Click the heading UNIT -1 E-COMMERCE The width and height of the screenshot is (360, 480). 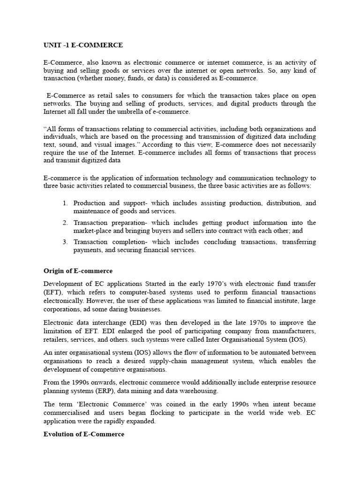click(83, 45)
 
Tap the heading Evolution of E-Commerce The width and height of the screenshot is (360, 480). click(84, 434)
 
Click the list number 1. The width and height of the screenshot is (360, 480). click(65, 203)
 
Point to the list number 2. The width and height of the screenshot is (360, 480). click(65, 223)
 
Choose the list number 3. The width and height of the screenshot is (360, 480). click(65, 242)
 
